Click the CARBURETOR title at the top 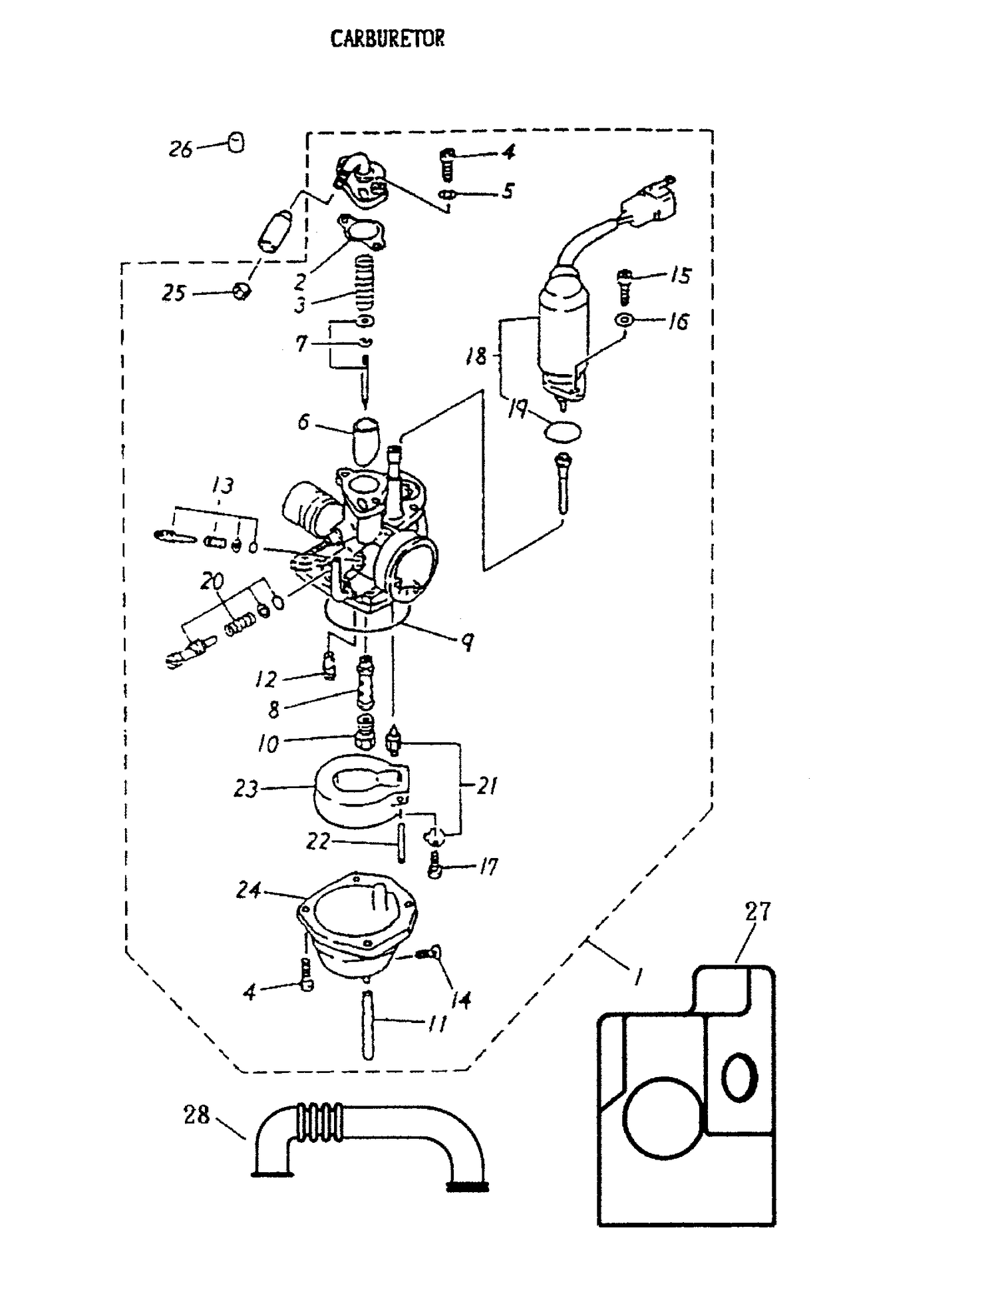[x=387, y=39]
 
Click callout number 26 [x=180, y=149]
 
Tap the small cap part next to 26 [x=236, y=142]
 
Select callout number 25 [x=174, y=293]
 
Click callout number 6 [x=303, y=421]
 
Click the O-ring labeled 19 [x=562, y=432]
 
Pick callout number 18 [x=476, y=356]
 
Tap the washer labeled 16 [x=624, y=320]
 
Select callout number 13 [x=223, y=485]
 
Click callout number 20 [x=212, y=581]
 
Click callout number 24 [x=248, y=889]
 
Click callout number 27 [x=758, y=911]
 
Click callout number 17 [x=488, y=867]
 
